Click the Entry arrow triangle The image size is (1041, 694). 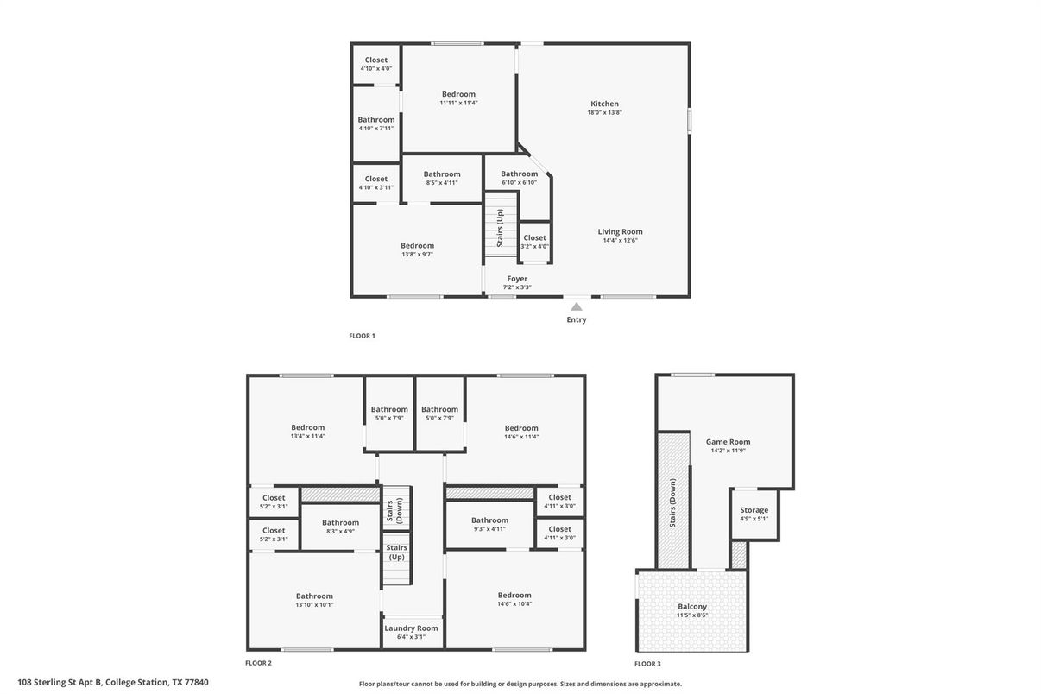[x=577, y=306]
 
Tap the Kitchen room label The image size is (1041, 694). [x=604, y=104]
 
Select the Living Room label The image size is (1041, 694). [x=620, y=231]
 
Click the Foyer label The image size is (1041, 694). [x=517, y=279]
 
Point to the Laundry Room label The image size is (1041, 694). [x=411, y=628]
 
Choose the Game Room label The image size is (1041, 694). [x=728, y=441]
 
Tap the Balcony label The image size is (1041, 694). [x=691, y=607]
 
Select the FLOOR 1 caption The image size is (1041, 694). [x=361, y=336]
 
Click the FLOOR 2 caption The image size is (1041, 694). [x=258, y=664]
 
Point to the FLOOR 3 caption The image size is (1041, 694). [x=647, y=664]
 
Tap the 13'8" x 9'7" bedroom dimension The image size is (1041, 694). [x=417, y=255]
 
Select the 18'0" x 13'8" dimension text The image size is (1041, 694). [x=604, y=113]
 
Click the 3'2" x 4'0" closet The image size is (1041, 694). [x=534, y=242]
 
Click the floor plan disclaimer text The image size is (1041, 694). [x=520, y=684]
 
